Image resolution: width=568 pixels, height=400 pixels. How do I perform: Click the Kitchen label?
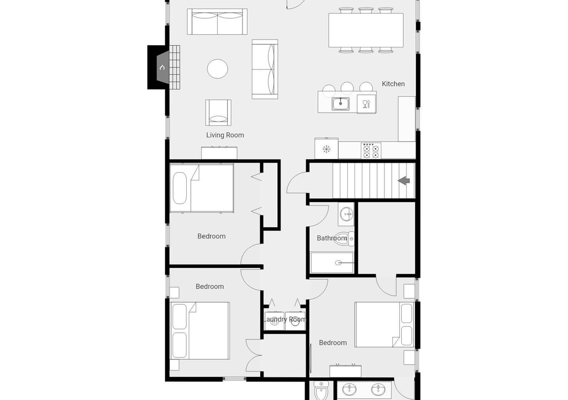coord(393,84)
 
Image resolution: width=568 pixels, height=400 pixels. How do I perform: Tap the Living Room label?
coord(225,135)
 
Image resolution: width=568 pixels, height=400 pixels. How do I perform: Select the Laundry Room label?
coord(285,319)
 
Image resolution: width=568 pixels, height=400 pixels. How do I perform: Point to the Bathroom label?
coord(332,238)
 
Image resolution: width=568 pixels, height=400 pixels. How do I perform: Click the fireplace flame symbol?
coord(163,67)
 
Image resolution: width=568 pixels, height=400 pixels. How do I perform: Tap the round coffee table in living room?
coord(217,68)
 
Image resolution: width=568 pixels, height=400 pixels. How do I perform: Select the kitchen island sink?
coord(340,104)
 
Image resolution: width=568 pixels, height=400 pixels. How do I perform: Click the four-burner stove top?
coord(371,151)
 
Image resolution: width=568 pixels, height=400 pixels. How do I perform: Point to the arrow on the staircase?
coord(404,180)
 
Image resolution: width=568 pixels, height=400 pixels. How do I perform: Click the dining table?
coord(366,30)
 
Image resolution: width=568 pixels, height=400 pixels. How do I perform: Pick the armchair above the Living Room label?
coord(218,113)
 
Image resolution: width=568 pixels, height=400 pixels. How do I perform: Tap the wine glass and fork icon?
coord(366,104)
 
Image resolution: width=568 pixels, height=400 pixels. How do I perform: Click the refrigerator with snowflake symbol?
coord(327,148)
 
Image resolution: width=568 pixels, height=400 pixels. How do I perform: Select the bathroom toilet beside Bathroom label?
coord(343,238)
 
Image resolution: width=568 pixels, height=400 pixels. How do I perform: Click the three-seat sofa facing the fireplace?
coord(265,69)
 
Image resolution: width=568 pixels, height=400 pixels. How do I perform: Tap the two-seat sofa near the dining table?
coord(217,22)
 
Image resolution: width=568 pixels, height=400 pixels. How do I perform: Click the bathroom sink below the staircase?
coord(346,214)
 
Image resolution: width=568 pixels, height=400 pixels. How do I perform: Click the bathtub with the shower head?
coord(332,263)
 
